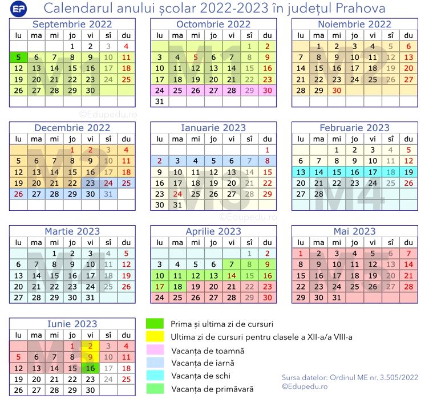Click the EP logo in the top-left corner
click(x=19, y=9)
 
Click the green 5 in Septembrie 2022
click(x=18, y=57)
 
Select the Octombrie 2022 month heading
click(x=213, y=24)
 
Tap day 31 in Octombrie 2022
click(x=160, y=101)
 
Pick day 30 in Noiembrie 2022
click(x=337, y=90)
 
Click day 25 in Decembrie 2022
click(x=126, y=183)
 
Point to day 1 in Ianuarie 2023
click(x=267, y=150)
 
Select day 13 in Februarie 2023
click(x=301, y=172)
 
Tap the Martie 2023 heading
click(x=72, y=231)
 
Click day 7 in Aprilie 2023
click(x=232, y=264)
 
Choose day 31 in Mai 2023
click(x=337, y=298)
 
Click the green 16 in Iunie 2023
click(x=90, y=368)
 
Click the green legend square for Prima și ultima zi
click(x=155, y=324)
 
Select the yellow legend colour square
click(x=155, y=337)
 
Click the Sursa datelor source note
click(x=350, y=377)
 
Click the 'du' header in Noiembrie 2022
click(x=408, y=35)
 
